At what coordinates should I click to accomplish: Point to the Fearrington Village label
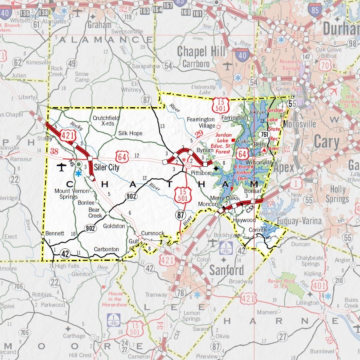pos(202,122)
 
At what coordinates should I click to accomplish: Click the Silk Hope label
pos(130,133)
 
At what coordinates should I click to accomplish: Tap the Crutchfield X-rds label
pos(106,121)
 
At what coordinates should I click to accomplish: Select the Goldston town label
pos(114,226)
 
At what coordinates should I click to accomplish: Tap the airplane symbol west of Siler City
pos(61,166)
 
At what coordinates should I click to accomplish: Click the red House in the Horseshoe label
pos(115,299)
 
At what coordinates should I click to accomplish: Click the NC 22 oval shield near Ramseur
pos(15,179)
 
